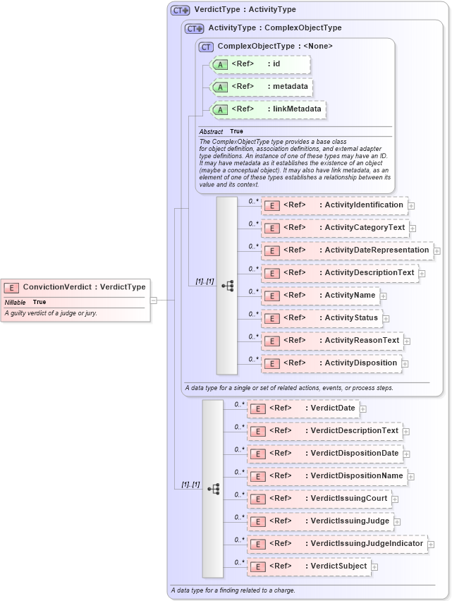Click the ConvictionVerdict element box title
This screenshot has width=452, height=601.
click(84, 287)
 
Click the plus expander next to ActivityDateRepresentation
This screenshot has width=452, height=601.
click(437, 250)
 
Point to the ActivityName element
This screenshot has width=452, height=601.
click(320, 296)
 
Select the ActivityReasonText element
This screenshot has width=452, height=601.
click(331, 341)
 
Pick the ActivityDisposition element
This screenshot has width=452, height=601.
click(331, 363)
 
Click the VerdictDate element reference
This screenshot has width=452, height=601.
click(303, 408)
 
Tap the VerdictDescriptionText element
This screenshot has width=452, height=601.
click(324, 430)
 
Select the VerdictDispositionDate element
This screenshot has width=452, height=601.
click(324, 453)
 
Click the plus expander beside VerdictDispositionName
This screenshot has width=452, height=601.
click(411, 477)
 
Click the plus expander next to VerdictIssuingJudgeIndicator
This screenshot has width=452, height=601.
click(431, 544)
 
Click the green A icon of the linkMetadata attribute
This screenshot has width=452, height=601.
click(221, 109)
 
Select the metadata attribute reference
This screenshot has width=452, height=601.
click(262, 87)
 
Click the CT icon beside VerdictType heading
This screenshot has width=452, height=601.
click(181, 10)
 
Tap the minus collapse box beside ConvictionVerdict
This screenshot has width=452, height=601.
click(153, 300)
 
